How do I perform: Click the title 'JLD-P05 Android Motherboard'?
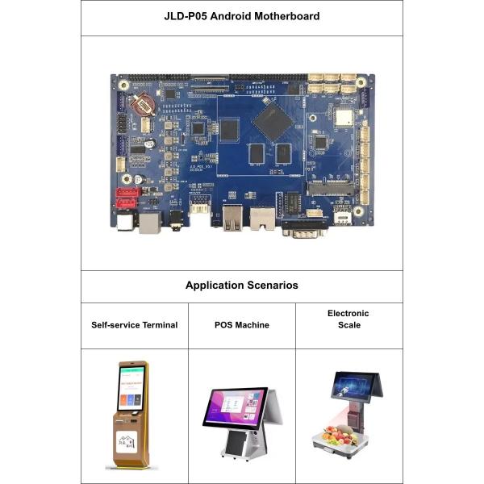241,16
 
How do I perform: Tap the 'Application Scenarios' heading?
241,286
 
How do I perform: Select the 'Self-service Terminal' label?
134,325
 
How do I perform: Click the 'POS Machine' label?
241,325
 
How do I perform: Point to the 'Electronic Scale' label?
348,319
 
